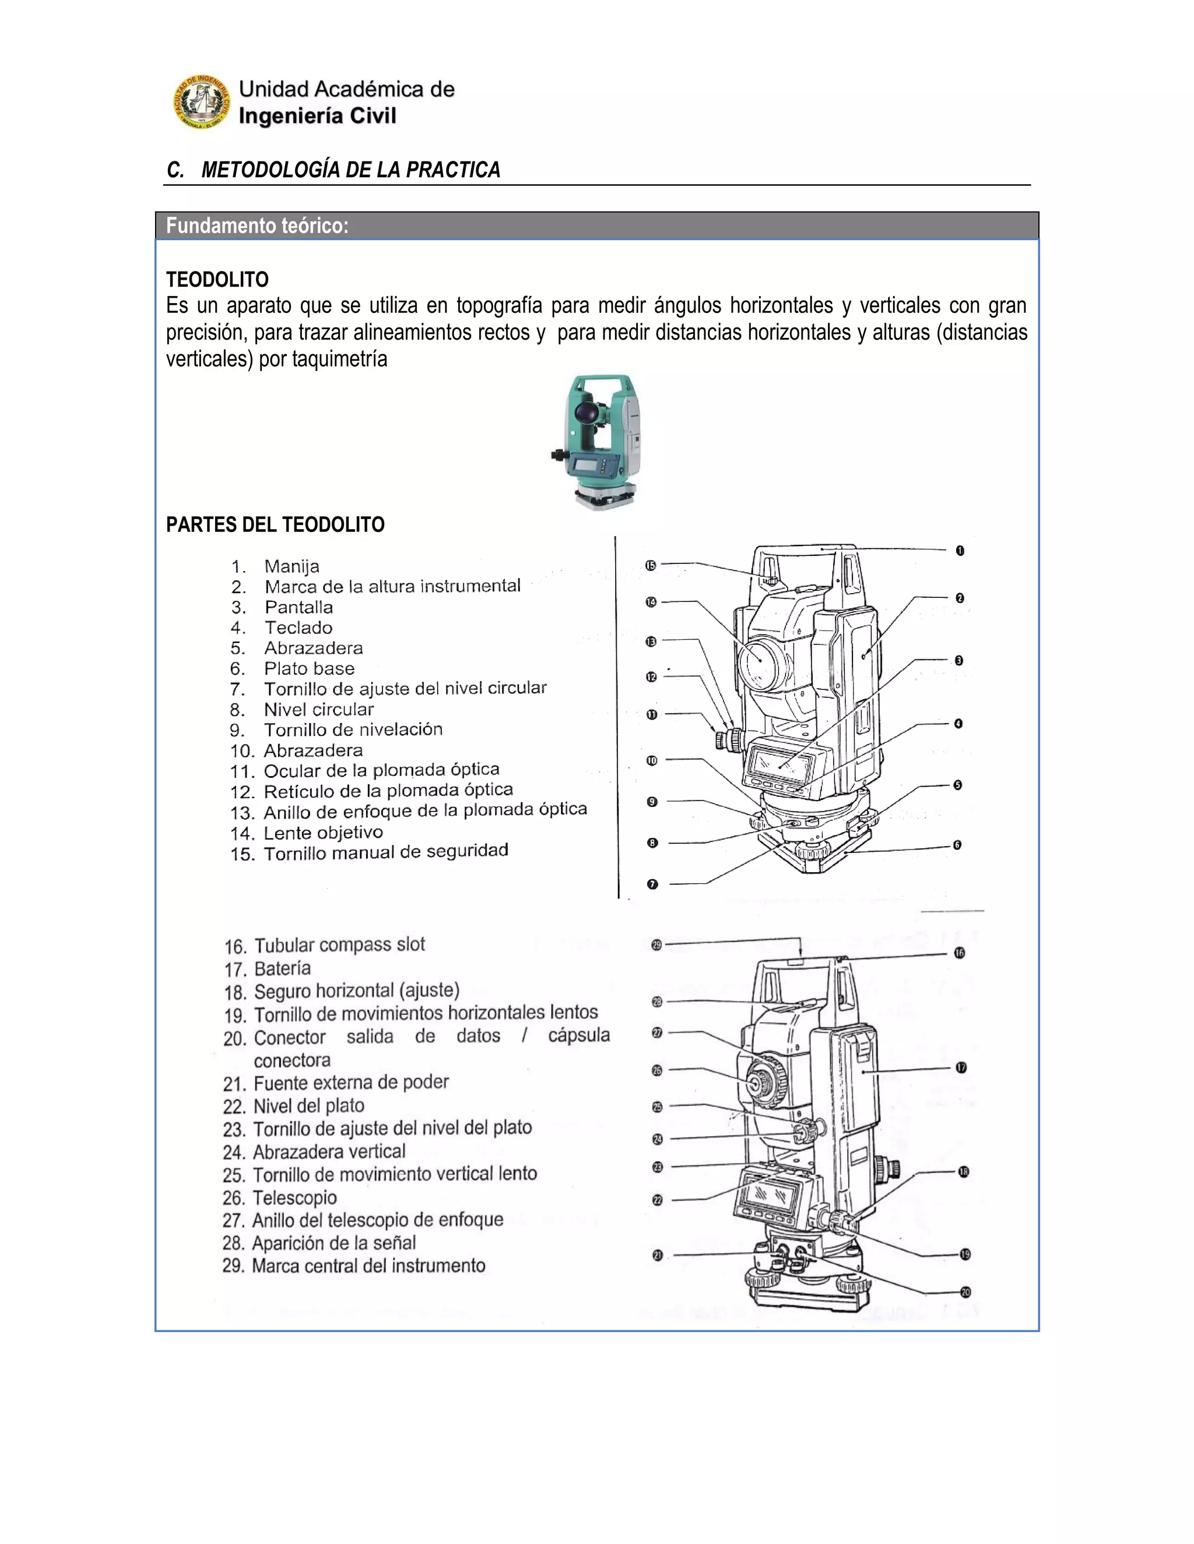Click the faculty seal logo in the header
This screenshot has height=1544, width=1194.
coord(202,103)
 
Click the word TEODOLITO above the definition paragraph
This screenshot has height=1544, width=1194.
coord(217,279)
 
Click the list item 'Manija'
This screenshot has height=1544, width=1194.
coord(292,566)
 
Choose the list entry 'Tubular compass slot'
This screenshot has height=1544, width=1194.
coord(339,945)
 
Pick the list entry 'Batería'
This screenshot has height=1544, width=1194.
coord(282,968)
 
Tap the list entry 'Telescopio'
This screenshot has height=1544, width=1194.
coord(294,1197)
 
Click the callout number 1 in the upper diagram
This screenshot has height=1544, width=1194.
coord(960,551)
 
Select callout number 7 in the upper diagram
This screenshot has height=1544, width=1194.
coord(652,884)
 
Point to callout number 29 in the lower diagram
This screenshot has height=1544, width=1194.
coord(656,945)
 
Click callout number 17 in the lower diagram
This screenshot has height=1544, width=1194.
coord(961,1067)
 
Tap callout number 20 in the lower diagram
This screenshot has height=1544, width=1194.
coord(965,1292)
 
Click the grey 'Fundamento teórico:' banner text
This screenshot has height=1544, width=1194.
coord(258,226)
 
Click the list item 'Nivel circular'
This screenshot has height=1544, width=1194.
coord(318,710)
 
